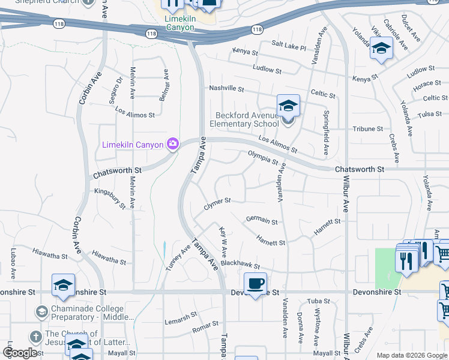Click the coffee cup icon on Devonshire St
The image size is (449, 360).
256,283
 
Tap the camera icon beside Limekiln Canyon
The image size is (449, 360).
173,144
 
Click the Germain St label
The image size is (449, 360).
262,221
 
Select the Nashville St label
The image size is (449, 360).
226,89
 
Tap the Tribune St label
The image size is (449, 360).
367,129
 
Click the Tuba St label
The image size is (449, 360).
319,301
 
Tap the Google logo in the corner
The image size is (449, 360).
20,352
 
